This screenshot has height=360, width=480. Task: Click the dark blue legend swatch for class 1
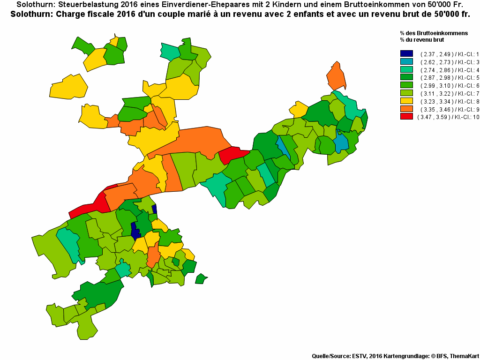coord(406,53)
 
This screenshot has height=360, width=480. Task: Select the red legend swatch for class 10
coord(406,117)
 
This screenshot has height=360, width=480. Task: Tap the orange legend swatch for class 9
coord(406,109)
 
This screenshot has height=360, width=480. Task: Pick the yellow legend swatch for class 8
coord(406,101)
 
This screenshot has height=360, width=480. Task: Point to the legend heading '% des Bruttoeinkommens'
coord(434,33)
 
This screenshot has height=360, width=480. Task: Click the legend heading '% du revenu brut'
coord(421,40)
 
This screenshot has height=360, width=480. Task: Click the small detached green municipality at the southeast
coord(201,279)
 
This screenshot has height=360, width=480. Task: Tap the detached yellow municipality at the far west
coord(69,87)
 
